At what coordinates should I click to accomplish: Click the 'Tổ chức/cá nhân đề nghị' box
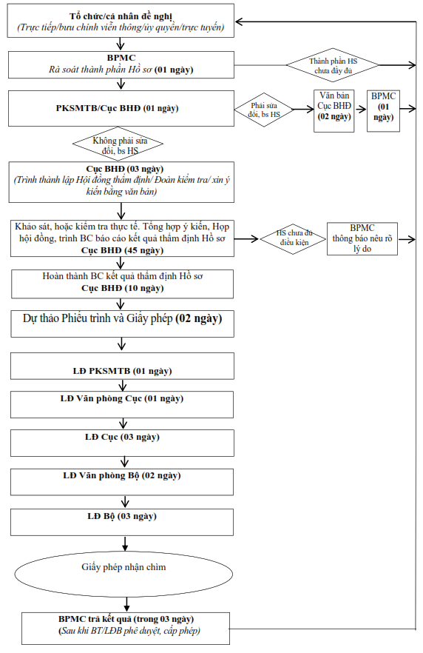click(121, 21)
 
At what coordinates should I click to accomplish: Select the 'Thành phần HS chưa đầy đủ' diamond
click(333, 65)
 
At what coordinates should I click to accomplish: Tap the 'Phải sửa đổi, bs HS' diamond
click(264, 110)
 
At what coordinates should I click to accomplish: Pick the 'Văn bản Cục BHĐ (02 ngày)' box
click(334, 111)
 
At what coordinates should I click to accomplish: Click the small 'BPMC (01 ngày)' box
click(383, 111)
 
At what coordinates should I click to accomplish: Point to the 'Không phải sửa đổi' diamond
click(118, 143)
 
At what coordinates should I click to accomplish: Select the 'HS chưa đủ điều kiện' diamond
click(294, 238)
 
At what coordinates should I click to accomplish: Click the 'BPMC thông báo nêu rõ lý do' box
click(362, 238)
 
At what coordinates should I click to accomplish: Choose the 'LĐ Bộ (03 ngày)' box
click(122, 522)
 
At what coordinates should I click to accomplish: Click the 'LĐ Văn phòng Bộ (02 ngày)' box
click(122, 482)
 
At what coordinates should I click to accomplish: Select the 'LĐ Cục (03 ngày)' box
click(122, 443)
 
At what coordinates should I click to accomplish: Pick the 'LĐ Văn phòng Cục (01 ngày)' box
click(122, 404)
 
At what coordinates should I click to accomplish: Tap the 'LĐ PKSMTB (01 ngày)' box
click(122, 366)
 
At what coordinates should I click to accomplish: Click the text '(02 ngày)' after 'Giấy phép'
click(199, 318)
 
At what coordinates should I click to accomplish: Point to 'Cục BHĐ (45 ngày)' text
click(122, 250)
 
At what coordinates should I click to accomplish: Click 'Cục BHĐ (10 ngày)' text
click(123, 288)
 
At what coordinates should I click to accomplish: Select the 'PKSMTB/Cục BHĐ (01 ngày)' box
click(121, 108)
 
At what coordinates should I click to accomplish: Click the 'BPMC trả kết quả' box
click(126, 628)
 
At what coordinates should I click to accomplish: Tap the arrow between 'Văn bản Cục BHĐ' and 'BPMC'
click(361, 109)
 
